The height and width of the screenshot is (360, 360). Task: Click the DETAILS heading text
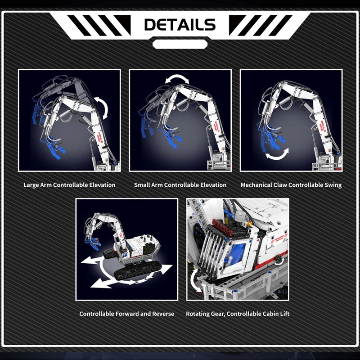[x=180, y=24]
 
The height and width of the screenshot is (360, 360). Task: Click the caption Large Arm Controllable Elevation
[x=69, y=185]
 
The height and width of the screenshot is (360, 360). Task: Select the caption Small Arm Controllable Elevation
[x=180, y=185]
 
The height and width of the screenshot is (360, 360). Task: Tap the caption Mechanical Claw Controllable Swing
[x=291, y=185]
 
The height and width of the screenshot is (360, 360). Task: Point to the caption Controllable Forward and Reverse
[x=127, y=314]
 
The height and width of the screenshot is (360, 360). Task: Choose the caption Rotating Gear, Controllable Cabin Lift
[x=238, y=314]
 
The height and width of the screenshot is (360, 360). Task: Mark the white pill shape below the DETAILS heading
[x=180, y=44]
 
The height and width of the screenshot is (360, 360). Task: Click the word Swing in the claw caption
[x=333, y=185]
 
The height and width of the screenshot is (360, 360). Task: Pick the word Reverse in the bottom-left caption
[x=163, y=314]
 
